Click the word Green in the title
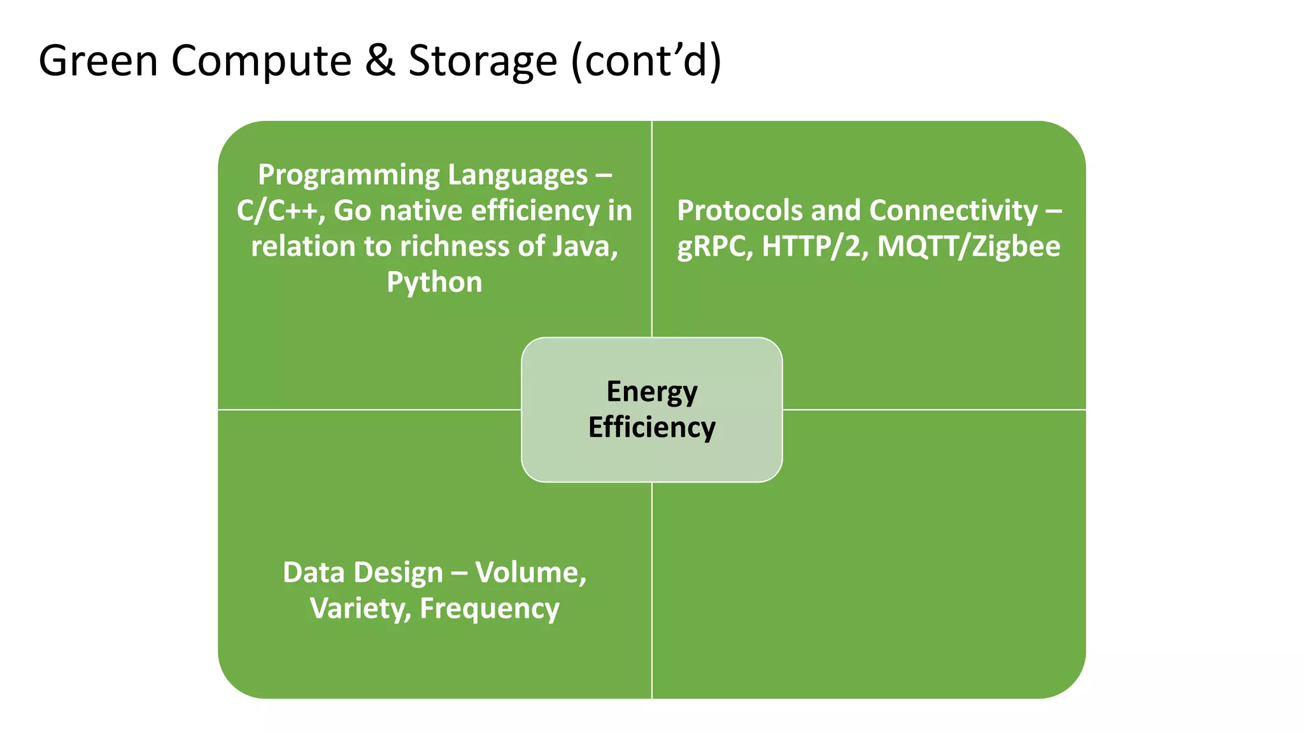point(98,61)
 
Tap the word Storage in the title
point(483,61)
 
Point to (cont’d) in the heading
point(646,61)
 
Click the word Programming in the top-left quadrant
point(349,176)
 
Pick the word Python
point(434,283)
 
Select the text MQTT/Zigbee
point(968,247)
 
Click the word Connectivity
point(953,211)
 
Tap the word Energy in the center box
point(652,392)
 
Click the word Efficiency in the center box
point(652,428)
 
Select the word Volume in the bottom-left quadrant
point(530,573)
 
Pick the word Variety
point(360,609)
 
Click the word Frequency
point(490,609)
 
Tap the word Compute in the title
point(261,61)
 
